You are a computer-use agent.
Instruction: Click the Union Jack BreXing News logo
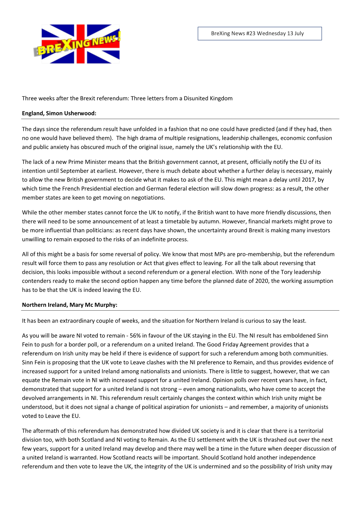tap(77, 44)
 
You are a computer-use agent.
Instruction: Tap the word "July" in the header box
tap(299, 34)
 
